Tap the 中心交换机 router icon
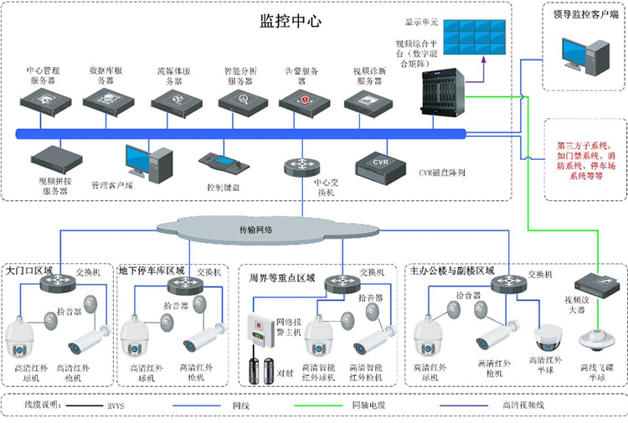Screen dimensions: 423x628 (x=300, y=166)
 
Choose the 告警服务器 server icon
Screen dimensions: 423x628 (x=299, y=100)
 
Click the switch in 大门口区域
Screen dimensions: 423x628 (x=57, y=285)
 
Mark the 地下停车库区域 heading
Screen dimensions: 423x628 (x=152, y=271)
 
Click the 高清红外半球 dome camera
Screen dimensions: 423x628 (x=549, y=336)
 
